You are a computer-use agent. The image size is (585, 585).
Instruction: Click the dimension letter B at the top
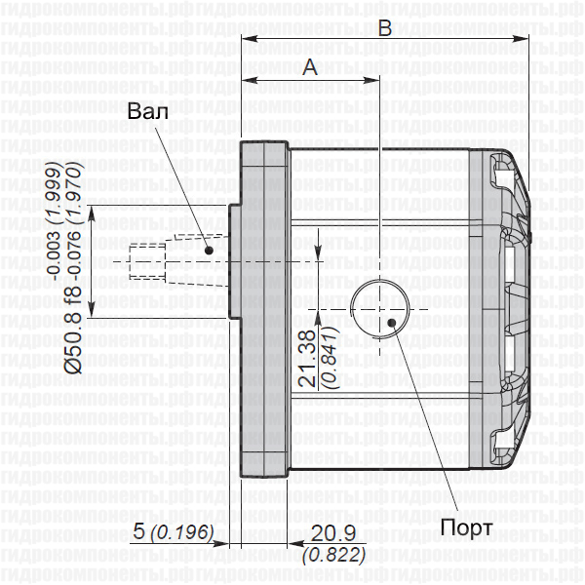tap(384, 29)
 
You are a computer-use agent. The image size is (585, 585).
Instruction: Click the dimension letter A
tap(310, 67)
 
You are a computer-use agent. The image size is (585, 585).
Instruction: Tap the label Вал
tap(147, 111)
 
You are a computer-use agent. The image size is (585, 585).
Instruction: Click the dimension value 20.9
tap(333, 533)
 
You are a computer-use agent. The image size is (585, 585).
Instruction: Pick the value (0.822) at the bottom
tap(333, 555)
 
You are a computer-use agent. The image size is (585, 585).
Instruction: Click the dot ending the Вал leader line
tap(209, 250)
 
